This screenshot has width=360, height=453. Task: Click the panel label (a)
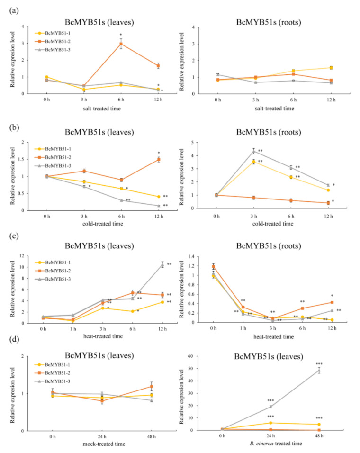point(14,11)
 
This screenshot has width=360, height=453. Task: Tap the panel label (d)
point(14,339)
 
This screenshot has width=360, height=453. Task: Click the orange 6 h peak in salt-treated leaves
point(121,44)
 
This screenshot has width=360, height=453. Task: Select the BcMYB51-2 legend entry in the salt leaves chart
point(53,42)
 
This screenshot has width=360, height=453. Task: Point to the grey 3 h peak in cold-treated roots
point(254,151)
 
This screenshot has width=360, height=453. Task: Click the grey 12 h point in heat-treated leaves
point(162,265)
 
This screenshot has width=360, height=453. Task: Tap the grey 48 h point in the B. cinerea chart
point(319,371)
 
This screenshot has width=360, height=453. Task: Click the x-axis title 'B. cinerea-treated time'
point(276,444)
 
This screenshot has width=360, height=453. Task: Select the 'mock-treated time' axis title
point(104,444)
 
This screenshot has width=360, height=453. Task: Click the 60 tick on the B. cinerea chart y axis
point(190,356)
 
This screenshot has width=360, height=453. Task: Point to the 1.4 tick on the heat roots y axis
point(191,256)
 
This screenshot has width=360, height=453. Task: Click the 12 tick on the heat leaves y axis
point(22,256)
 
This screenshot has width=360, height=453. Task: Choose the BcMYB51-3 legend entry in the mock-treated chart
point(53,381)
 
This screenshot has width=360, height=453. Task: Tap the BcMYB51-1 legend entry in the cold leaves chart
point(53,149)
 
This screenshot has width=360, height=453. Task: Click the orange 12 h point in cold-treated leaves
point(159,160)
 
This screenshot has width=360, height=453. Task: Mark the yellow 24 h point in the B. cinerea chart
point(270,423)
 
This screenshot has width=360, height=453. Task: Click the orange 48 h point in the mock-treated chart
point(152,386)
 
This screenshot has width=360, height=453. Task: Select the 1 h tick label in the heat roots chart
point(243,328)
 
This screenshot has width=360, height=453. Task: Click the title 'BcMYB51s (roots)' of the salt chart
point(269,23)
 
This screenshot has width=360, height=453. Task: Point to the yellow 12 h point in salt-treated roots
point(331,68)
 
